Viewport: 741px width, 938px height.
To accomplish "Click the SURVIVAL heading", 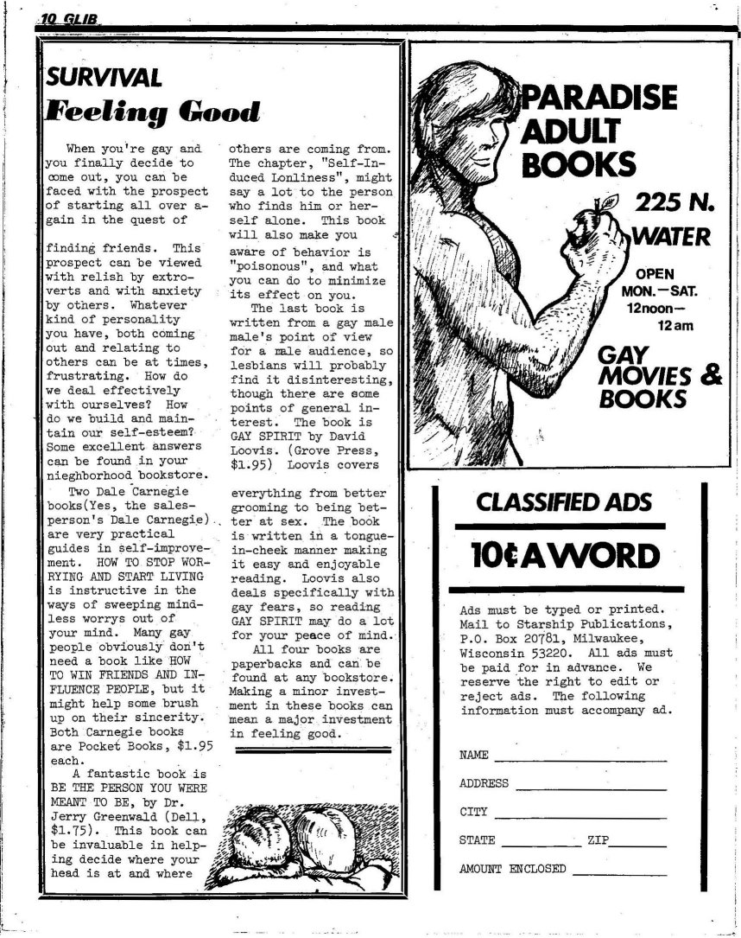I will pyautogui.click(x=104, y=78).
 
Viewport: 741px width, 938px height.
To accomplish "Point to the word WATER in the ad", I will pyautogui.click(x=673, y=235).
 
